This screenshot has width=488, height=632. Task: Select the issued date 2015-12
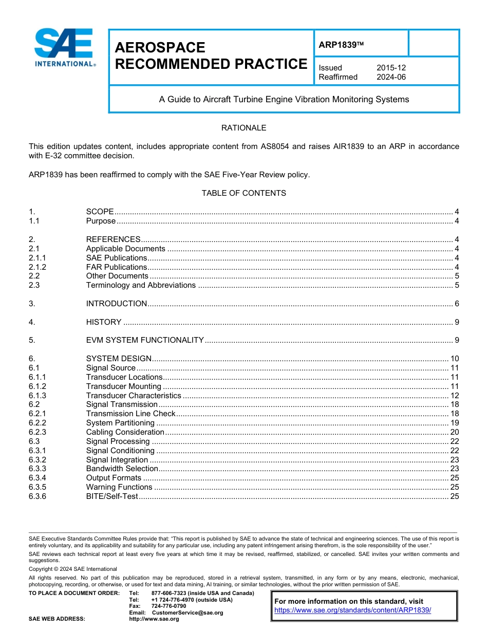391,68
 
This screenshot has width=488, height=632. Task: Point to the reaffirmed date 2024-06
391,77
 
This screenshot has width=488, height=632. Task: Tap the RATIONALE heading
243,128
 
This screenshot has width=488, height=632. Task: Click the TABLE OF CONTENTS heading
243,193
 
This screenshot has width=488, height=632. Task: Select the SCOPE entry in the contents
100,212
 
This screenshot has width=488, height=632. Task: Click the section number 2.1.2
37,267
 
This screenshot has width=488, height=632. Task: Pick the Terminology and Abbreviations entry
141,285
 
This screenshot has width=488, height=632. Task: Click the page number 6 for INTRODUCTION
457,304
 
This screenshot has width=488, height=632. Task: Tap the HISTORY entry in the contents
104,322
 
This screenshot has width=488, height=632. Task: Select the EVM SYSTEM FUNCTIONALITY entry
145,340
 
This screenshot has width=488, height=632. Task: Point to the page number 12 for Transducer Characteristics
455,396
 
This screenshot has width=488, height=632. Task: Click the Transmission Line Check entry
130,414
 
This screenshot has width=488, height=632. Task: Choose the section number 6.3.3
37,469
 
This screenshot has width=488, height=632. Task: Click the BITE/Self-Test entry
112,496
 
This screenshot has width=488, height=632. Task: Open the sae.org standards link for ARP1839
352,610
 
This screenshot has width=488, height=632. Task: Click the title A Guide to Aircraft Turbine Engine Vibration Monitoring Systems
284,100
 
